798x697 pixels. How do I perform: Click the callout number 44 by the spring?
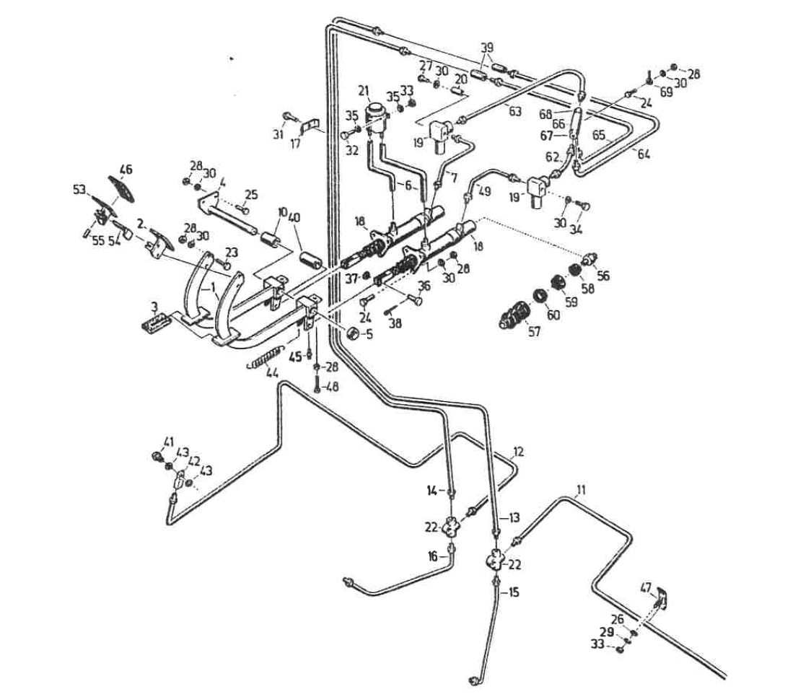[272, 373]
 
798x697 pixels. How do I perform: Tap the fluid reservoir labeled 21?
[375, 116]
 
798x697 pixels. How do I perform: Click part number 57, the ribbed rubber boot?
[514, 315]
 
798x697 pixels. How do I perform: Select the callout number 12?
[518, 452]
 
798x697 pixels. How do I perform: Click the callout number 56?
[602, 274]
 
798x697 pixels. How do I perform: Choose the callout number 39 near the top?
[488, 47]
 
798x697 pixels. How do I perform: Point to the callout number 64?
[644, 154]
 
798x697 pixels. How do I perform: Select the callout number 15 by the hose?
[514, 592]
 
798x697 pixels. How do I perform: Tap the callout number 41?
[169, 442]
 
